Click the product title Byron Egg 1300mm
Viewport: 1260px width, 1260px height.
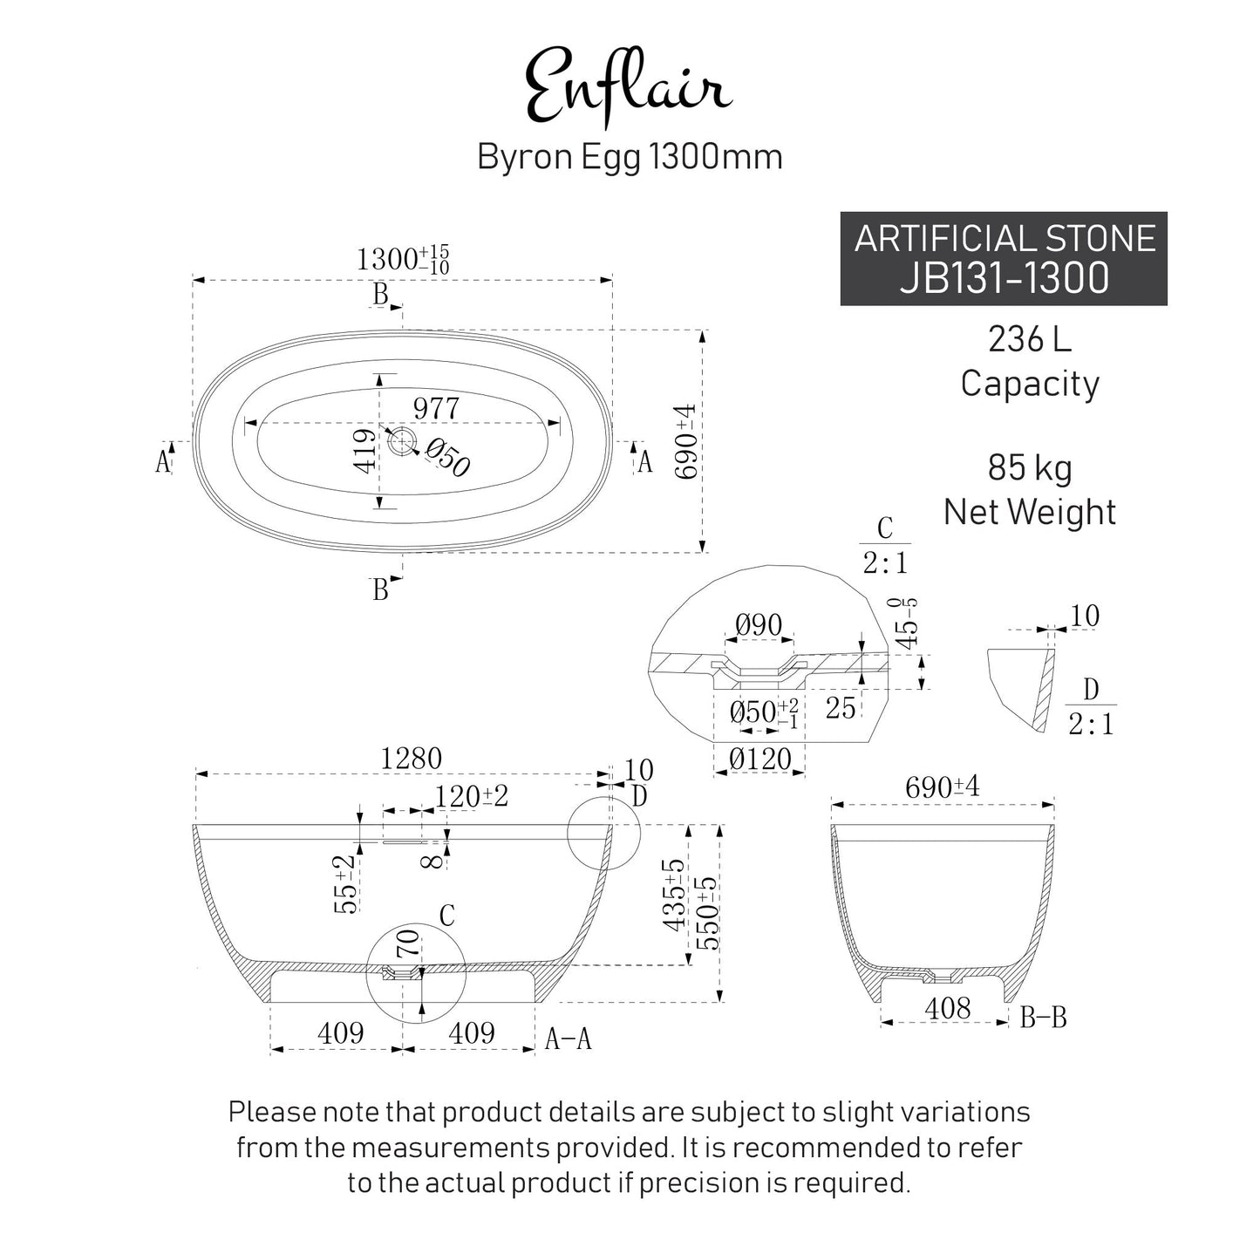coord(629,157)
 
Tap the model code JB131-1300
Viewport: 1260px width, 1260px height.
coord(1004,278)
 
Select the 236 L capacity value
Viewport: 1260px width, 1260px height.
coord(1029,339)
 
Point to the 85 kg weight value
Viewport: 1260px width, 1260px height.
coord(1029,468)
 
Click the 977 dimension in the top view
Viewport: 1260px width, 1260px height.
coord(436,407)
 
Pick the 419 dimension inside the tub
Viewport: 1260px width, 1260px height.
coord(366,450)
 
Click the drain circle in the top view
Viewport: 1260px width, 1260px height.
coord(402,441)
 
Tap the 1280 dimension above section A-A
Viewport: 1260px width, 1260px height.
coord(412,759)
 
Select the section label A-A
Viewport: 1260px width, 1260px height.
coord(568,1039)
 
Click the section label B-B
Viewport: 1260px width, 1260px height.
coord(1043,1017)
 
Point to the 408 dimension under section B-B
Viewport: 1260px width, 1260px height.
coord(947,1009)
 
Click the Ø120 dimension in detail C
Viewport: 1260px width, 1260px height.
coord(759,759)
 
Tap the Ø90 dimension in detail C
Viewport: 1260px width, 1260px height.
coord(758,625)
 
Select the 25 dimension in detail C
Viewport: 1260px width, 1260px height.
coord(840,708)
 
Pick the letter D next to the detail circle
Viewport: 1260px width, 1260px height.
coord(639,796)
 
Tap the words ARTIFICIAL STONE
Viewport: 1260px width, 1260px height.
coord(1004,239)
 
